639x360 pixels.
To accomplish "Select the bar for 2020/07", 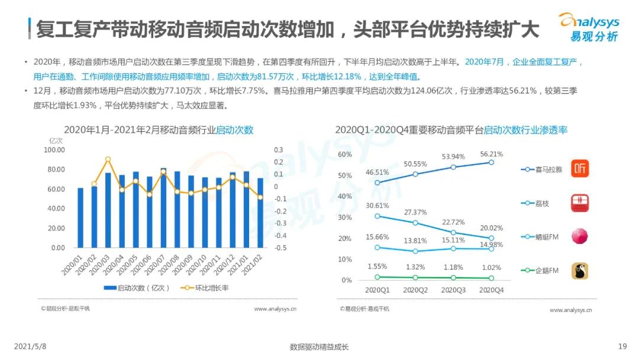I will (x=163, y=208).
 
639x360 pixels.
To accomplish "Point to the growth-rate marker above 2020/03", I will (x=108, y=159).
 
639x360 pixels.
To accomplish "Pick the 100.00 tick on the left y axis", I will (x=54, y=150).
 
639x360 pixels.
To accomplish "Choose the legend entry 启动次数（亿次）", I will (x=137, y=288).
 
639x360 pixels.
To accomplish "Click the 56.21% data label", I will (x=491, y=154).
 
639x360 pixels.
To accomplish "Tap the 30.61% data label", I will (x=377, y=205).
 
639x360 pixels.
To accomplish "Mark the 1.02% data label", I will (x=491, y=267).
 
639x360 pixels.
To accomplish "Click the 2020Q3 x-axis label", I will (x=453, y=290).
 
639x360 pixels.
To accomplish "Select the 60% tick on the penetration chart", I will (x=344, y=155).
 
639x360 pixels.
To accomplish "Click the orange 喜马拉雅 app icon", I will (x=580, y=169).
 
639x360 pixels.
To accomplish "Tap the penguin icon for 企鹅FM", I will (x=580, y=271).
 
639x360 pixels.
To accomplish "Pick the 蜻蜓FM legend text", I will (x=547, y=237).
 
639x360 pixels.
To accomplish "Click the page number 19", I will (x=622, y=346).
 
